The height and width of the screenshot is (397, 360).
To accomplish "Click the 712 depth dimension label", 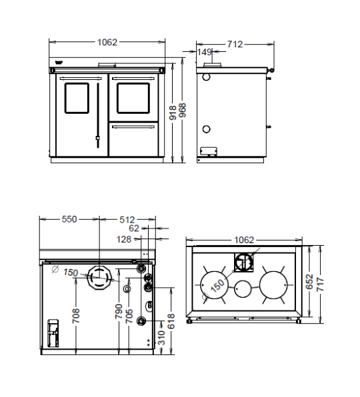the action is pyautogui.click(x=235, y=45).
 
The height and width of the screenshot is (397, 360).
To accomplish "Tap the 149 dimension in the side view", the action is pyautogui.click(x=204, y=52).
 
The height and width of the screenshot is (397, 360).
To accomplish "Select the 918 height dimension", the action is pyautogui.click(x=173, y=113).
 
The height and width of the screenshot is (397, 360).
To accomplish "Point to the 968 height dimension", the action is pyautogui.click(x=182, y=110).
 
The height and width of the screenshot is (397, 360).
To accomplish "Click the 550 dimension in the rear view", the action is pyautogui.click(x=69, y=219).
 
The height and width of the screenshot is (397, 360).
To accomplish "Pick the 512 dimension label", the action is pyautogui.click(x=127, y=220).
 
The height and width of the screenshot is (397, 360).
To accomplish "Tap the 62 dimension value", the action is pyautogui.click(x=134, y=228).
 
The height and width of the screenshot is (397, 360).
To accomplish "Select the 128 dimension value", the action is pyautogui.click(x=124, y=239).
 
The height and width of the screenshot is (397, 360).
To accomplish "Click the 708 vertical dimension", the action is pyautogui.click(x=76, y=316).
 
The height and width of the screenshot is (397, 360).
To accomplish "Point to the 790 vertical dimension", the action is pyautogui.click(x=119, y=312).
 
